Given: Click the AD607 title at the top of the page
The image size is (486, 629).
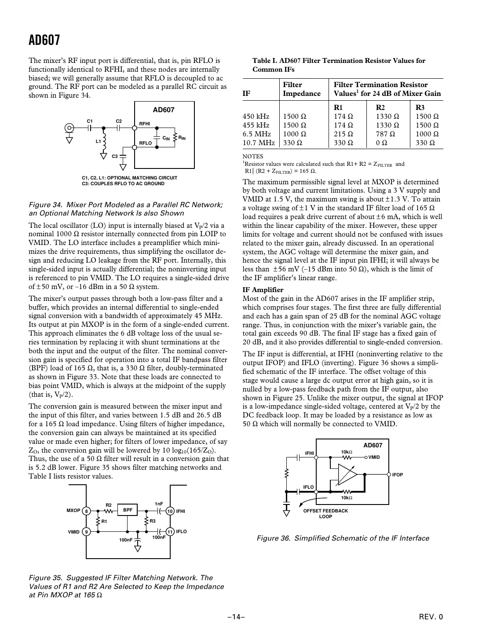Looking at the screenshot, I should click(44, 40).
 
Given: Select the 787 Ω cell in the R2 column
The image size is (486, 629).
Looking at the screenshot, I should click(387, 134).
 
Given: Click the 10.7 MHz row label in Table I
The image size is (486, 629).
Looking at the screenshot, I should click(259, 143).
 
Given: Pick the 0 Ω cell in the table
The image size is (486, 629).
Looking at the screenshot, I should click(381, 143).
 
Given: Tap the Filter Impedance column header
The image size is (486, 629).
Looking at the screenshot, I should click(301, 89).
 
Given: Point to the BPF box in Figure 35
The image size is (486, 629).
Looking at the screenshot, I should click(128, 510).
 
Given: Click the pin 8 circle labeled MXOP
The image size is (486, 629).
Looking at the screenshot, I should click(87, 511).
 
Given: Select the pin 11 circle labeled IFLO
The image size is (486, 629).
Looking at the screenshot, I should click(169, 532).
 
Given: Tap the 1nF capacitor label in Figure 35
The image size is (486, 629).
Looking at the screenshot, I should click(159, 504).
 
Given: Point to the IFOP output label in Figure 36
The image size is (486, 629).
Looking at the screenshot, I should click(397, 475).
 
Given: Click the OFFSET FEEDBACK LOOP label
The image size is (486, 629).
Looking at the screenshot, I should click(325, 513).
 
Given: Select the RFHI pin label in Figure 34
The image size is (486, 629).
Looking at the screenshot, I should click(145, 124).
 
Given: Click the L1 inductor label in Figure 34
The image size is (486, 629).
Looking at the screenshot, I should click(99, 142).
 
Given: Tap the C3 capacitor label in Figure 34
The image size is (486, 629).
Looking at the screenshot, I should click(114, 156).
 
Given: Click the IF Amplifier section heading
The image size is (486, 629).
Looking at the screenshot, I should click(263, 289).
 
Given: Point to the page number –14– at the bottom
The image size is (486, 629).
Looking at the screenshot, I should click(236, 617).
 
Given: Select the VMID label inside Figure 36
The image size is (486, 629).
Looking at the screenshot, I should click(374, 457).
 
